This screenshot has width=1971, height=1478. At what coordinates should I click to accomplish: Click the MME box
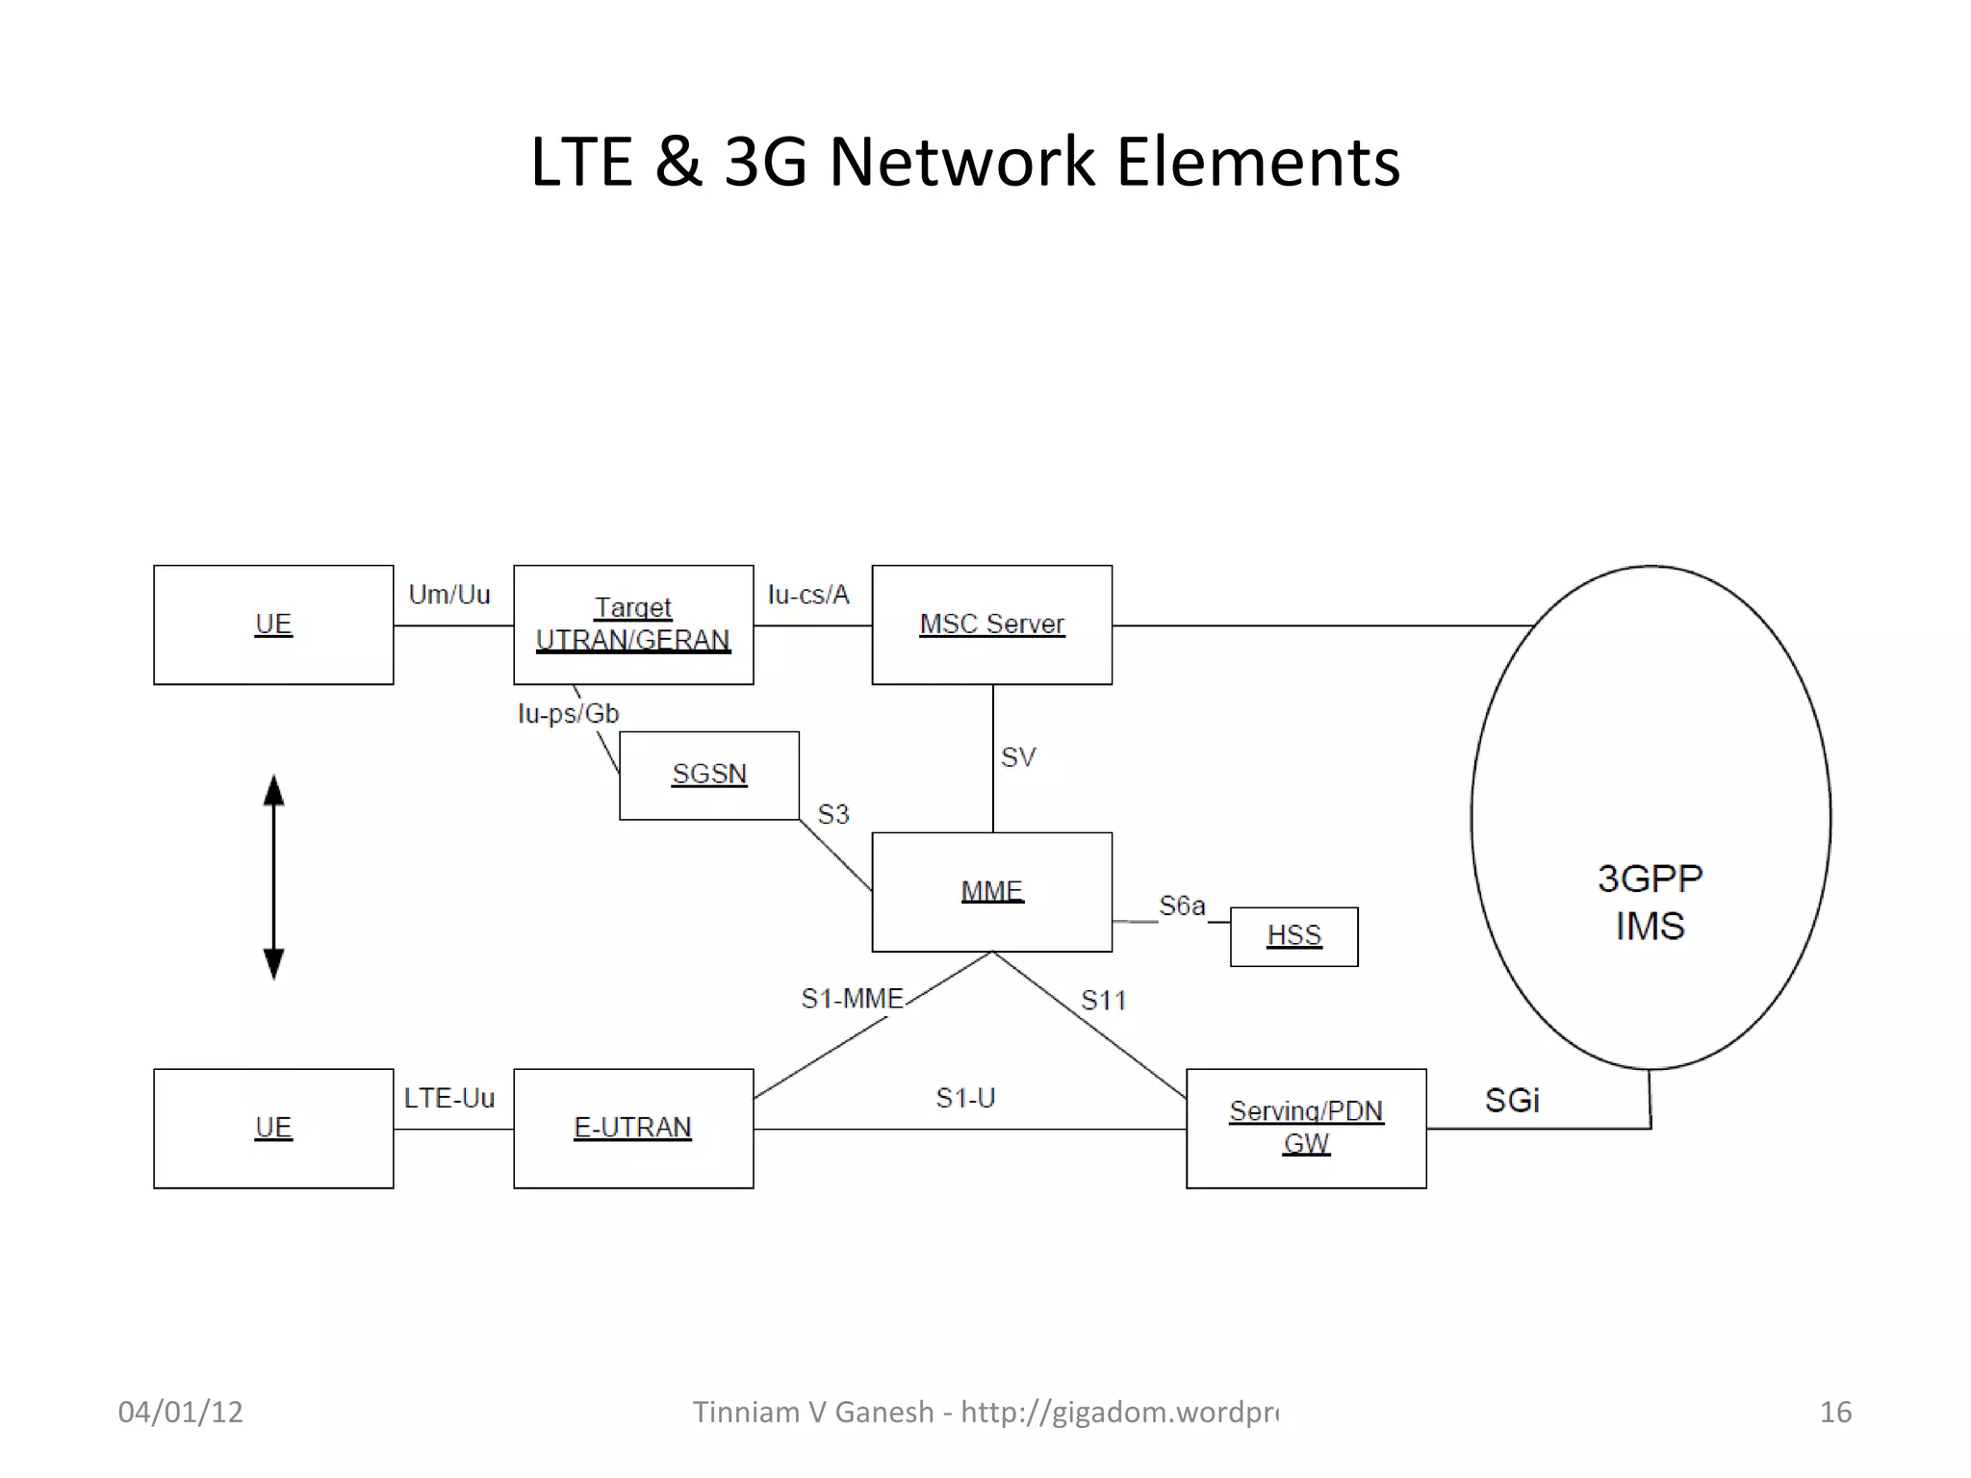tap(991, 892)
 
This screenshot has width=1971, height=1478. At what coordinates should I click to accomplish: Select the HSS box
tap(1293, 935)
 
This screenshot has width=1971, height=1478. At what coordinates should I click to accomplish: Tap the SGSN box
tap(708, 775)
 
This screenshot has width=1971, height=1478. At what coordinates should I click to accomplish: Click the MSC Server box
tap(991, 624)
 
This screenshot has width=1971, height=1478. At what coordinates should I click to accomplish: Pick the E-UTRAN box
tap(632, 1128)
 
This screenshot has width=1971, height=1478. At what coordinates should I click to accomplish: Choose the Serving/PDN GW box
tap(1305, 1128)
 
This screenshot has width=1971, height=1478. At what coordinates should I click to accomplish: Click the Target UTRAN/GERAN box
tap(632, 624)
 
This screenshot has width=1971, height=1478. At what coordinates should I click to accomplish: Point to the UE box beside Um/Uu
tap(273, 624)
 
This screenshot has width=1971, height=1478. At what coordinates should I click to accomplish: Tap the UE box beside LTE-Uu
tap(273, 1128)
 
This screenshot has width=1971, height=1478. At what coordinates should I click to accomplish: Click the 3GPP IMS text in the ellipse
tap(1650, 902)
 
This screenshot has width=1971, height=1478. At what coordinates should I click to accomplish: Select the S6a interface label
tap(1181, 905)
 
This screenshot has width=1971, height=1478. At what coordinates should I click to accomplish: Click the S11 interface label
tap(1103, 1001)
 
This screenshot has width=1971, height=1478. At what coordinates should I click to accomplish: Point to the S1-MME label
tap(852, 999)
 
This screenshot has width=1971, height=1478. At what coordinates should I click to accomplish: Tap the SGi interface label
tap(1511, 1100)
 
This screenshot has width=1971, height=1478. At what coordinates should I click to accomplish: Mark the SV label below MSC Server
tap(1017, 757)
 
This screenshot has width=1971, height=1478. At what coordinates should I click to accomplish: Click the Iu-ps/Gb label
tap(568, 714)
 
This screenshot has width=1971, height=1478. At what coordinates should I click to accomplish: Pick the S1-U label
tap(964, 1098)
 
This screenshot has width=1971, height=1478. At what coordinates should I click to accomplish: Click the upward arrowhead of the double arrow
tap(273, 791)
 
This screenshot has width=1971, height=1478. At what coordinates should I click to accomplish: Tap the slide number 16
tap(1834, 1412)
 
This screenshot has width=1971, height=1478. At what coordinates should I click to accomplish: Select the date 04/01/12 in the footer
tap(180, 1412)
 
